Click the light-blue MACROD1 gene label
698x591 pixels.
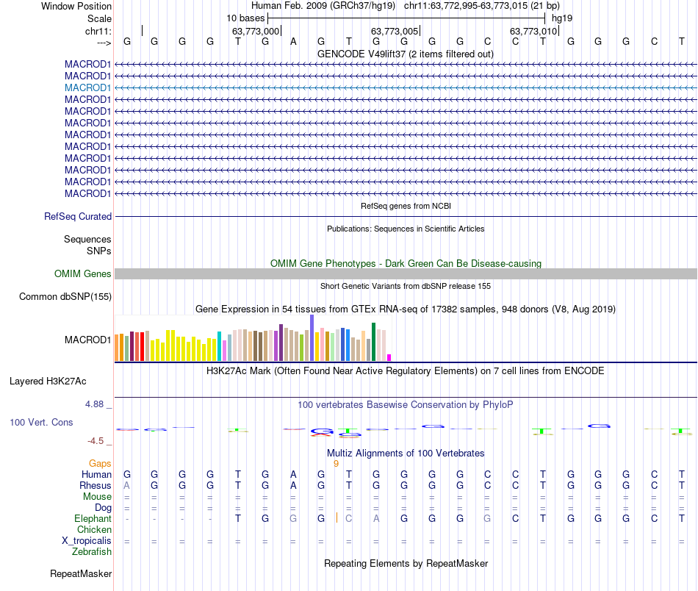tap(87, 87)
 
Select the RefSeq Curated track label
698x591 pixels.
tap(78, 217)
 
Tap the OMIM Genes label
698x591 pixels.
tap(83, 274)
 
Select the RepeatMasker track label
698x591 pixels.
tap(81, 573)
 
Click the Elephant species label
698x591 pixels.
tap(93, 518)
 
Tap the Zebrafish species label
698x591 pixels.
tap(92, 552)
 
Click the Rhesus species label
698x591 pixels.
tap(96, 486)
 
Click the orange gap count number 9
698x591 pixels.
tap(336, 464)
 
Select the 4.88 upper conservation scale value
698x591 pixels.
tap(96, 404)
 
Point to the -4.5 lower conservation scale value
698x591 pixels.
tap(97, 441)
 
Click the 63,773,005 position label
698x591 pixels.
tap(395, 31)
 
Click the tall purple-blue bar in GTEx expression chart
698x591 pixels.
tap(312, 338)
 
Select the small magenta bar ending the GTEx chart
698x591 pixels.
tap(389, 357)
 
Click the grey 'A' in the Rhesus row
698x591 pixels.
tap(126, 486)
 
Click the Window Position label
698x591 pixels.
tap(76, 6)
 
